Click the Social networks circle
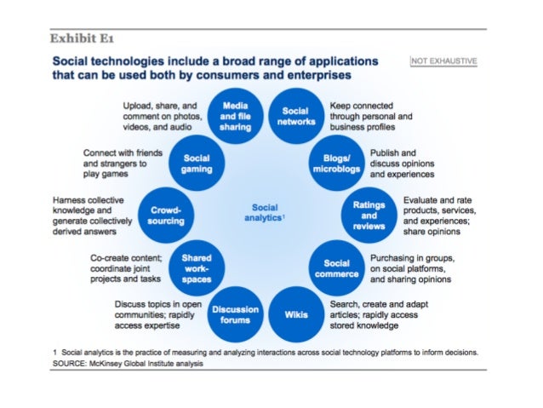coord(294,117)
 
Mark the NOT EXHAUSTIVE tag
coord(443,61)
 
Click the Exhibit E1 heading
coord(83,38)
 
